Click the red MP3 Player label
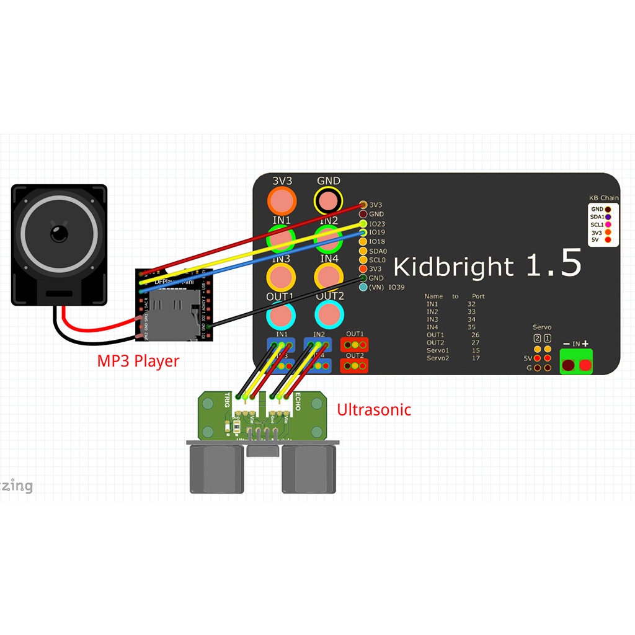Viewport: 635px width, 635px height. [x=138, y=361]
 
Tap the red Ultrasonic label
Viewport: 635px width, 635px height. [x=374, y=409]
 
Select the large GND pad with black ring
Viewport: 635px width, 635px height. [x=328, y=201]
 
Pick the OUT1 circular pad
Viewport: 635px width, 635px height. [x=282, y=315]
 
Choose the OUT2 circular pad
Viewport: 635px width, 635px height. [x=330, y=315]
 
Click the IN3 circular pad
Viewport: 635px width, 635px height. [x=282, y=276]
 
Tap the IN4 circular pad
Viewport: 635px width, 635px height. [x=329, y=276]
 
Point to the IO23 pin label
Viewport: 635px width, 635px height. [x=377, y=224]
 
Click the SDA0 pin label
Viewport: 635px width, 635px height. [x=378, y=251]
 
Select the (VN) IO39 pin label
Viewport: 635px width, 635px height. [x=387, y=287]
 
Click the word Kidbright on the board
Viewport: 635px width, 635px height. [x=453, y=267]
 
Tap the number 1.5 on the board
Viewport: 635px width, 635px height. [x=553, y=264]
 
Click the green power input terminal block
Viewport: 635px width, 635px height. [x=576, y=361]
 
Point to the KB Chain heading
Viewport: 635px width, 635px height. [x=603, y=198]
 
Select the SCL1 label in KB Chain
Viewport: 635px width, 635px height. [x=597, y=224]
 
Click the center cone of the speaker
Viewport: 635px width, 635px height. [x=60, y=234]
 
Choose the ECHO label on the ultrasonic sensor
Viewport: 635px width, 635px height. [x=298, y=402]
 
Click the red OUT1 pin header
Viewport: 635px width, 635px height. [x=355, y=344]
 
